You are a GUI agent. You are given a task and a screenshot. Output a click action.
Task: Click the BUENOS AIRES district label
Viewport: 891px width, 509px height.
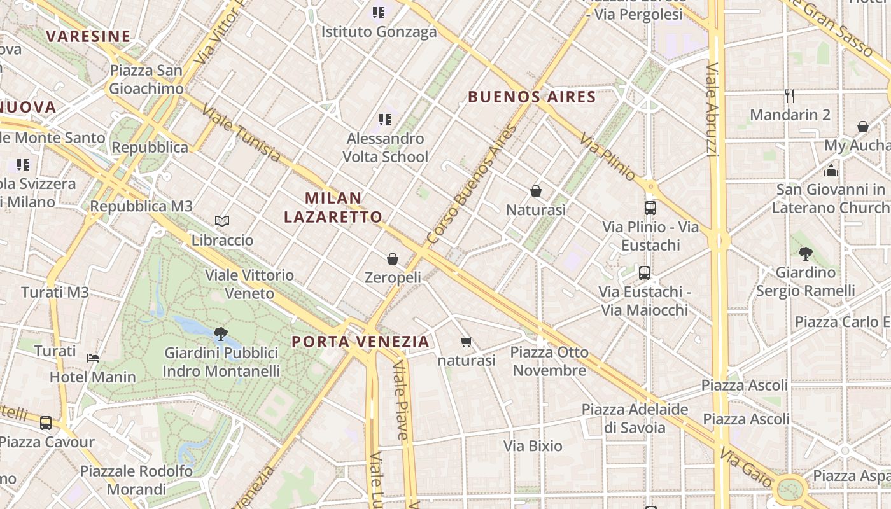(x=531, y=97)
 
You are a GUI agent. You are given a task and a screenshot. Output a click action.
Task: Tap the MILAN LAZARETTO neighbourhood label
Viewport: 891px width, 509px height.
(x=333, y=207)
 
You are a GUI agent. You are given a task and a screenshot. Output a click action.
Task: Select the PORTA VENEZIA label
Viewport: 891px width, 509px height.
(x=360, y=342)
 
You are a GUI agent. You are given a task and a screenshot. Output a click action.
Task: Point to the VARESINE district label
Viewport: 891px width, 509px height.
(x=88, y=36)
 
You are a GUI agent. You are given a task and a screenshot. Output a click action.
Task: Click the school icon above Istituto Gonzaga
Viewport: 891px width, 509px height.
(x=379, y=13)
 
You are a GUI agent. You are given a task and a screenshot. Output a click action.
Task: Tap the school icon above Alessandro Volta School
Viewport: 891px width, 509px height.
(x=384, y=120)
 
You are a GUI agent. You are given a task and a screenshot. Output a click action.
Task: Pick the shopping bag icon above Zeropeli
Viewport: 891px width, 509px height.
(x=393, y=259)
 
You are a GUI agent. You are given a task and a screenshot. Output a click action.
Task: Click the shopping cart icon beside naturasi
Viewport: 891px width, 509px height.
(x=467, y=342)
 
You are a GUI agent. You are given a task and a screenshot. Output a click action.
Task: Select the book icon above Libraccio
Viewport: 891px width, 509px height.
(x=221, y=221)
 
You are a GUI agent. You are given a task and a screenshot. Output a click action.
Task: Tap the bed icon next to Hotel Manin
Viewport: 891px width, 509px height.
(x=93, y=358)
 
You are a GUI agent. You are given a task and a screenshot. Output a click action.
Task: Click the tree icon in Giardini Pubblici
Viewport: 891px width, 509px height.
(x=221, y=333)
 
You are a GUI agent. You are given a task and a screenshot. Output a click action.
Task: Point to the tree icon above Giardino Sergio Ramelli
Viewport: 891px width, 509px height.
(x=805, y=254)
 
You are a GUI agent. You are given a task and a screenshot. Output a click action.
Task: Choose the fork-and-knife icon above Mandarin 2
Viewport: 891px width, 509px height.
(x=790, y=96)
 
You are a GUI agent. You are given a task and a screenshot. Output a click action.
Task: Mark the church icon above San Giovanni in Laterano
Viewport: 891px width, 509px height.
(x=831, y=171)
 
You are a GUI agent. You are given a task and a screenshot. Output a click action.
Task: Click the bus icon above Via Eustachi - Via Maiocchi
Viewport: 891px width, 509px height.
(x=645, y=273)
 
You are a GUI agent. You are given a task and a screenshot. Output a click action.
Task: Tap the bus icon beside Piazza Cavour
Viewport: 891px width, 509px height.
(x=46, y=423)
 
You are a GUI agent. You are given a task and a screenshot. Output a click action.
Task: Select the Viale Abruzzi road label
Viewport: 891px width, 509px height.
(x=712, y=109)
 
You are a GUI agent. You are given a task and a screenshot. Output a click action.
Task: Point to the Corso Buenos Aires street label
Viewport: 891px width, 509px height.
(x=472, y=185)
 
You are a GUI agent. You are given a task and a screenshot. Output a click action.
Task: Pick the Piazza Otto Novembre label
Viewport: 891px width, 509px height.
(x=549, y=361)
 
